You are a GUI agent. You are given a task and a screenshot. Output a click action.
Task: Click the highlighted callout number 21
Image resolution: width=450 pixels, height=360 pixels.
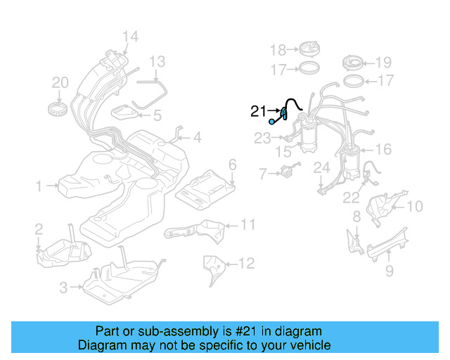click(x=258, y=110)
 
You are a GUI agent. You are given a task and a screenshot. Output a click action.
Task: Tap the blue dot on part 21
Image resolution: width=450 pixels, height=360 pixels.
click(x=273, y=122)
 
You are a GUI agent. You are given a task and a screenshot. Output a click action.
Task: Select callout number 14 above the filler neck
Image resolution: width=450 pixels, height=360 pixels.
click(x=130, y=37)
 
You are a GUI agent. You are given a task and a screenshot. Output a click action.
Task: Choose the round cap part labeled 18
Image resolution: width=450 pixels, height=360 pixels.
click(x=309, y=49)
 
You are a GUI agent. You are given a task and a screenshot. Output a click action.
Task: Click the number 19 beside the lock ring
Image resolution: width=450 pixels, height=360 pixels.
click(x=384, y=61)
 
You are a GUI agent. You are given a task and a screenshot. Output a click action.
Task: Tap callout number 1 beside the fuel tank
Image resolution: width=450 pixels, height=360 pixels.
click(x=39, y=186)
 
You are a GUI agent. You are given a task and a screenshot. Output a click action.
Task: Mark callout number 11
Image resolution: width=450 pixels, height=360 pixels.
click(x=247, y=224)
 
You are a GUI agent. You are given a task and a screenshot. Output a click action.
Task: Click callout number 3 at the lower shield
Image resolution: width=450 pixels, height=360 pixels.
click(x=63, y=287)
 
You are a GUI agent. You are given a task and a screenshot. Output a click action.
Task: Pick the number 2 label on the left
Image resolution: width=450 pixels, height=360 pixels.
click(x=39, y=228)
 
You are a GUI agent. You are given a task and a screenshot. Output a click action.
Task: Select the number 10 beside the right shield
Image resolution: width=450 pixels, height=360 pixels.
click(x=415, y=206)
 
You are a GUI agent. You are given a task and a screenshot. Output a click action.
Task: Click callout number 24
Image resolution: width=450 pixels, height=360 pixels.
click(x=321, y=167)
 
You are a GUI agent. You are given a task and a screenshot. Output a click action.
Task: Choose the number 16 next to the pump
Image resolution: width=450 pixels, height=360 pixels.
click(x=383, y=149)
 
